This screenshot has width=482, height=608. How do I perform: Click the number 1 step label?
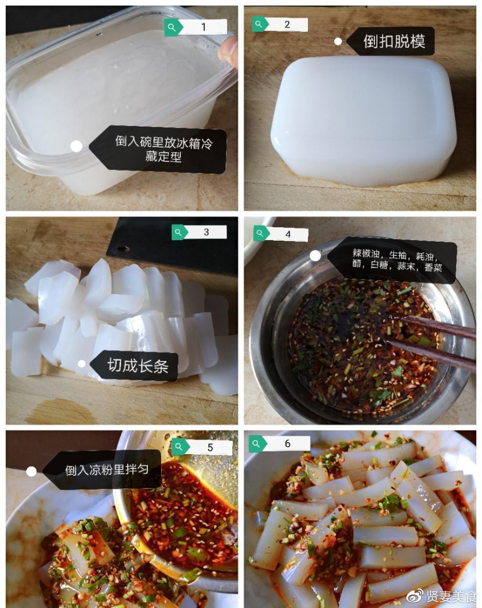(203, 27)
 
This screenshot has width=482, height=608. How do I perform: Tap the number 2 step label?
(287, 24)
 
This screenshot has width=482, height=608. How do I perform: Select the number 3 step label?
(206, 232)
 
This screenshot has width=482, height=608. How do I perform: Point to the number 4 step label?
(288, 234)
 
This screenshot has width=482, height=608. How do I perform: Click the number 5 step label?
(210, 447)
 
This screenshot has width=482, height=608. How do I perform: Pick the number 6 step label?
(287, 443)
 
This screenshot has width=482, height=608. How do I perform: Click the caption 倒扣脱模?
(394, 42)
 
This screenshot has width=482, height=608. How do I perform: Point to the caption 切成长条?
(138, 365)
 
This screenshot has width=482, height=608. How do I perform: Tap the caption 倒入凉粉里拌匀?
(107, 469)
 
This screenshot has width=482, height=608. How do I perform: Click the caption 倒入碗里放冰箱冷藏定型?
(164, 149)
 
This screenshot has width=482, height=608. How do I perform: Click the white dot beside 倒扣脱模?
(338, 42)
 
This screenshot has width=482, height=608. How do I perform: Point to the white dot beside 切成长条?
(81, 364)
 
